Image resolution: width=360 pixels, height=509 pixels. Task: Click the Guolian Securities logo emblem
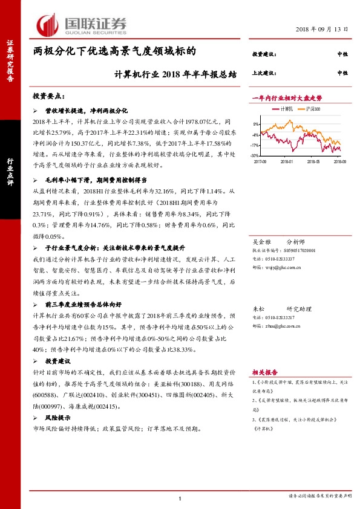pyautogui.click(x=48, y=24)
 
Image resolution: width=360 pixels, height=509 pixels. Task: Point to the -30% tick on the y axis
pyautogui.click(x=256, y=156)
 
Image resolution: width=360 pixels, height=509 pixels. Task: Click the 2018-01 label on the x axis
pyautogui.click(x=287, y=161)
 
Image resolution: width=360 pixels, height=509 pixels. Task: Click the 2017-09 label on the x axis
pyautogui.click(x=261, y=161)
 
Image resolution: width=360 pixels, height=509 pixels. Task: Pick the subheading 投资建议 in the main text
pyautogui.click(x=58, y=360)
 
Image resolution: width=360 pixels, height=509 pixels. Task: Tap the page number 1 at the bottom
pyautogui.click(x=180, y=498)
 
